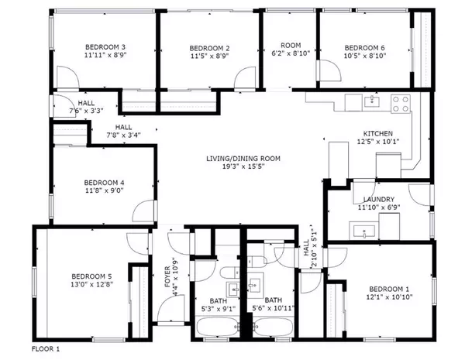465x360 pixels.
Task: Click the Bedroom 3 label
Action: [106, 47]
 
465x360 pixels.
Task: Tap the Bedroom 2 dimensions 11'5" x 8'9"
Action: [209, 56]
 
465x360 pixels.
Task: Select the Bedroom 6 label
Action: [364, 47]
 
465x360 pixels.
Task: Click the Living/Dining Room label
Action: [243, 158]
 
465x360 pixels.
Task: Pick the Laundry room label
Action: [377, 199]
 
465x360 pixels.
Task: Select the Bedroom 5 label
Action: [91, 276]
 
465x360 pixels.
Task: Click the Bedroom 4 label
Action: [104, 183]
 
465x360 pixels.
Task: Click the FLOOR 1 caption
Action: [46, 349]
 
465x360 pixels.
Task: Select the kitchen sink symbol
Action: [370, 100]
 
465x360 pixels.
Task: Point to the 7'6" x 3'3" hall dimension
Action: [86, 111]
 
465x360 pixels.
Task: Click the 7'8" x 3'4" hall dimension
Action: [123, 135]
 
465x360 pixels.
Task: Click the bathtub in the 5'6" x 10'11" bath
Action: [274, 328]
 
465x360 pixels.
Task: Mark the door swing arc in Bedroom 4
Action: [142, 211]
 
